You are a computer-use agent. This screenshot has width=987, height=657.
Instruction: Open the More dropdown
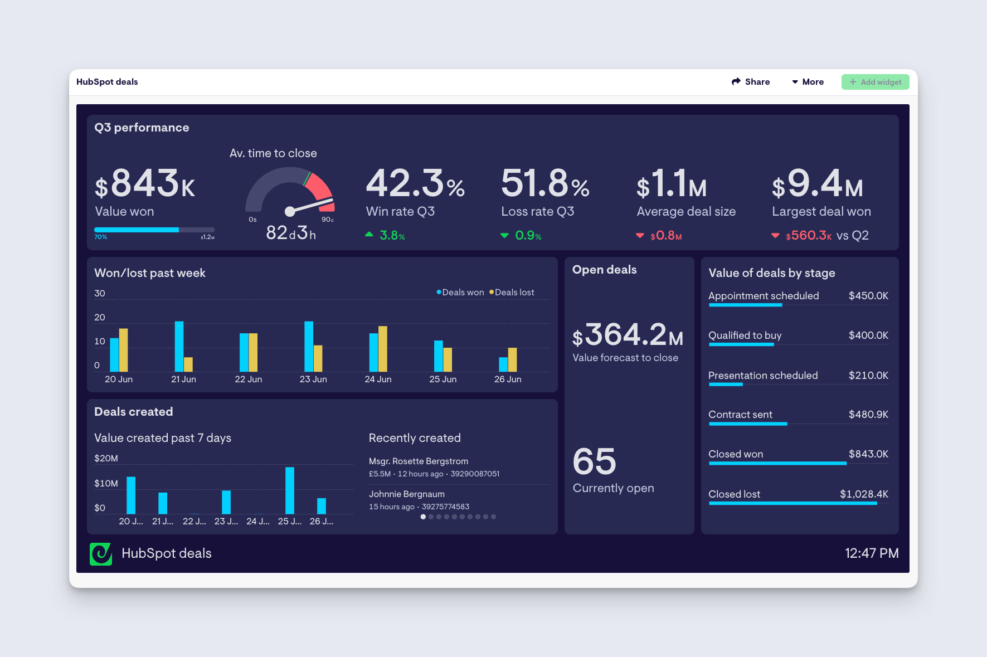pos(808,82)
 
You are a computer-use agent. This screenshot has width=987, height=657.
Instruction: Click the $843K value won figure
pos(145,184)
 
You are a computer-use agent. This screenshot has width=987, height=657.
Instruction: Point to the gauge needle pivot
pos(290,211)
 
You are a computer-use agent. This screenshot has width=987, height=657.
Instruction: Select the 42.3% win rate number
pos(415,184)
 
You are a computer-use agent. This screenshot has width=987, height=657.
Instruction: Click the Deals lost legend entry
pos(512,293)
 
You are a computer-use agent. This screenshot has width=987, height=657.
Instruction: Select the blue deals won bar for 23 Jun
pos(309,346)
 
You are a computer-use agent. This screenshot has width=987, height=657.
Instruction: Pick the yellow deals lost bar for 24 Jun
pos(383,349)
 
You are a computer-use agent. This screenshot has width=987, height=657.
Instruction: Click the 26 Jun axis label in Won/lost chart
pos(508,379)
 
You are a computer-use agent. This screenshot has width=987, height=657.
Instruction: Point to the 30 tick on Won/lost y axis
pos(100,294)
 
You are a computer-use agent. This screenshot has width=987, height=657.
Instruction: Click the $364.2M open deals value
pos(628,335)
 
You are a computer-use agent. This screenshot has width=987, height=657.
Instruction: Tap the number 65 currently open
pos(594,462)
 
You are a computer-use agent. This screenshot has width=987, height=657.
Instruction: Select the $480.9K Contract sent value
pos(868,415)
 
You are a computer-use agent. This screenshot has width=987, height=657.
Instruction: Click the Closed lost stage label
pos(734,494)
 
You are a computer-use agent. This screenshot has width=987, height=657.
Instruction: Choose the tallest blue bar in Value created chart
pos(290,490)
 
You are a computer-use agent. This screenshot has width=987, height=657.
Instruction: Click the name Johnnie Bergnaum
pos(407,494)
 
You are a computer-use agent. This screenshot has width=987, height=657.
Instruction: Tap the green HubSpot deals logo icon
pos(101,554)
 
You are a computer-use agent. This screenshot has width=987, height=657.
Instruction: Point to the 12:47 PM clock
pos(872,553)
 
